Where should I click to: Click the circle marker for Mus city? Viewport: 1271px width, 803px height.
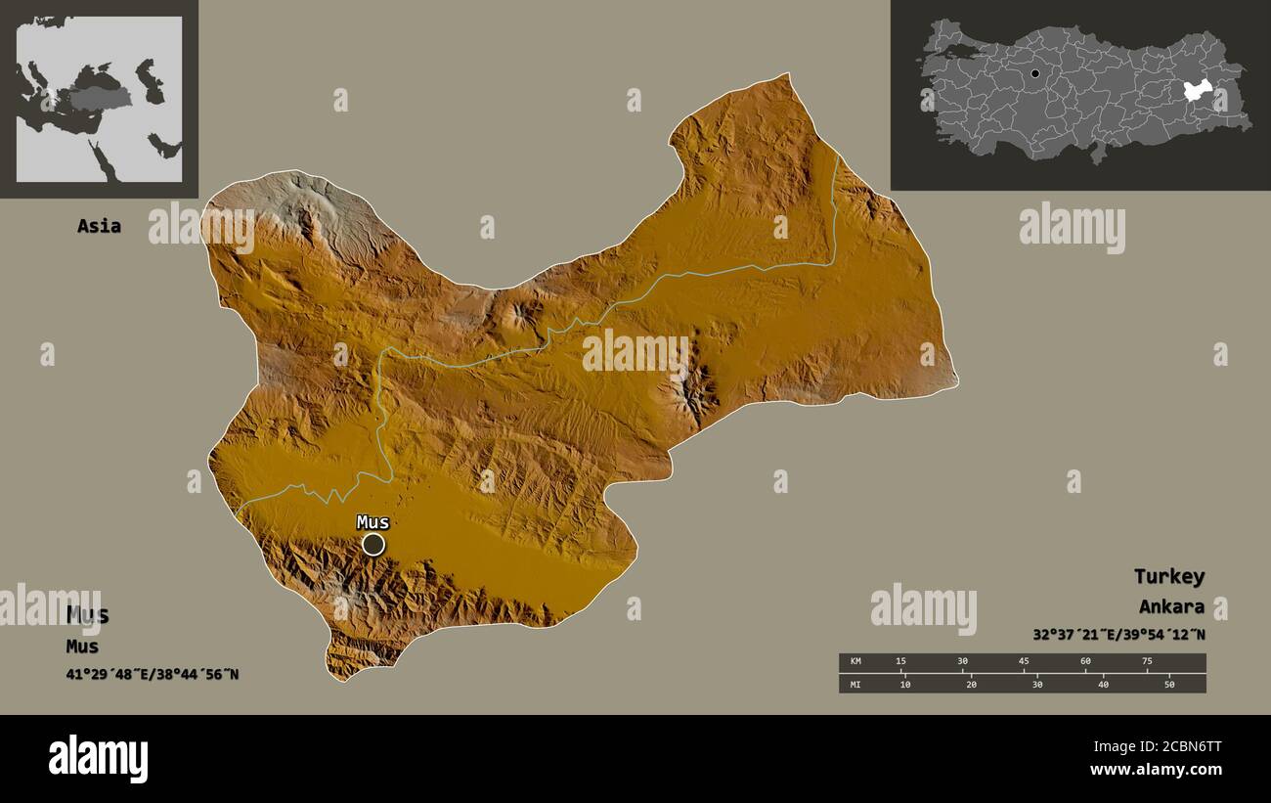tap(373, 544)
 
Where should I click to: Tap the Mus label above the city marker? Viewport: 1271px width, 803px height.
tap(373, 522)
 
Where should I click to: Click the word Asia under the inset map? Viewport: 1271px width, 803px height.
tap(100, 226)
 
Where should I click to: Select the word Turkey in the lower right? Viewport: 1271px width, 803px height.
tap(1168, 576)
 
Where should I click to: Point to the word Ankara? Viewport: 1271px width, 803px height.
tap(1171, 606)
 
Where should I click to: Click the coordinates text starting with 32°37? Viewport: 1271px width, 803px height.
tap(1118, 634)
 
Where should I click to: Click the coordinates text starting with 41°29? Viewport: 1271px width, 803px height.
tap(153, 674)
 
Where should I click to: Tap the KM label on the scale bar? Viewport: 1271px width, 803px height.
tap(856, 662)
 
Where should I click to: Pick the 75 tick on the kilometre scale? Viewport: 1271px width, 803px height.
tap(1146, 662)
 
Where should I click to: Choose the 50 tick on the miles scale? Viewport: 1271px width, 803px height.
tap(1168, 684)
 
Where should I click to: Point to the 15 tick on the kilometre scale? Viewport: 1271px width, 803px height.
tap(900, 662)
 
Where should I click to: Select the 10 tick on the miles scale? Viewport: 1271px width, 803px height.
tap(905, 684)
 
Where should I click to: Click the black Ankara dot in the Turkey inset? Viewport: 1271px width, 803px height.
tap(1035, 73)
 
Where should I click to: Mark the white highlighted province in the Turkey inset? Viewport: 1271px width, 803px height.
tap(1198, 91)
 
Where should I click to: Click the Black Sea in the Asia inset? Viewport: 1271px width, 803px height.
tap(99, 74)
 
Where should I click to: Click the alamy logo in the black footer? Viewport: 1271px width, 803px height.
tap(99, 759)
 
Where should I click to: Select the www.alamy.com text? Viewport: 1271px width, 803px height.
tap(1156, 770)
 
